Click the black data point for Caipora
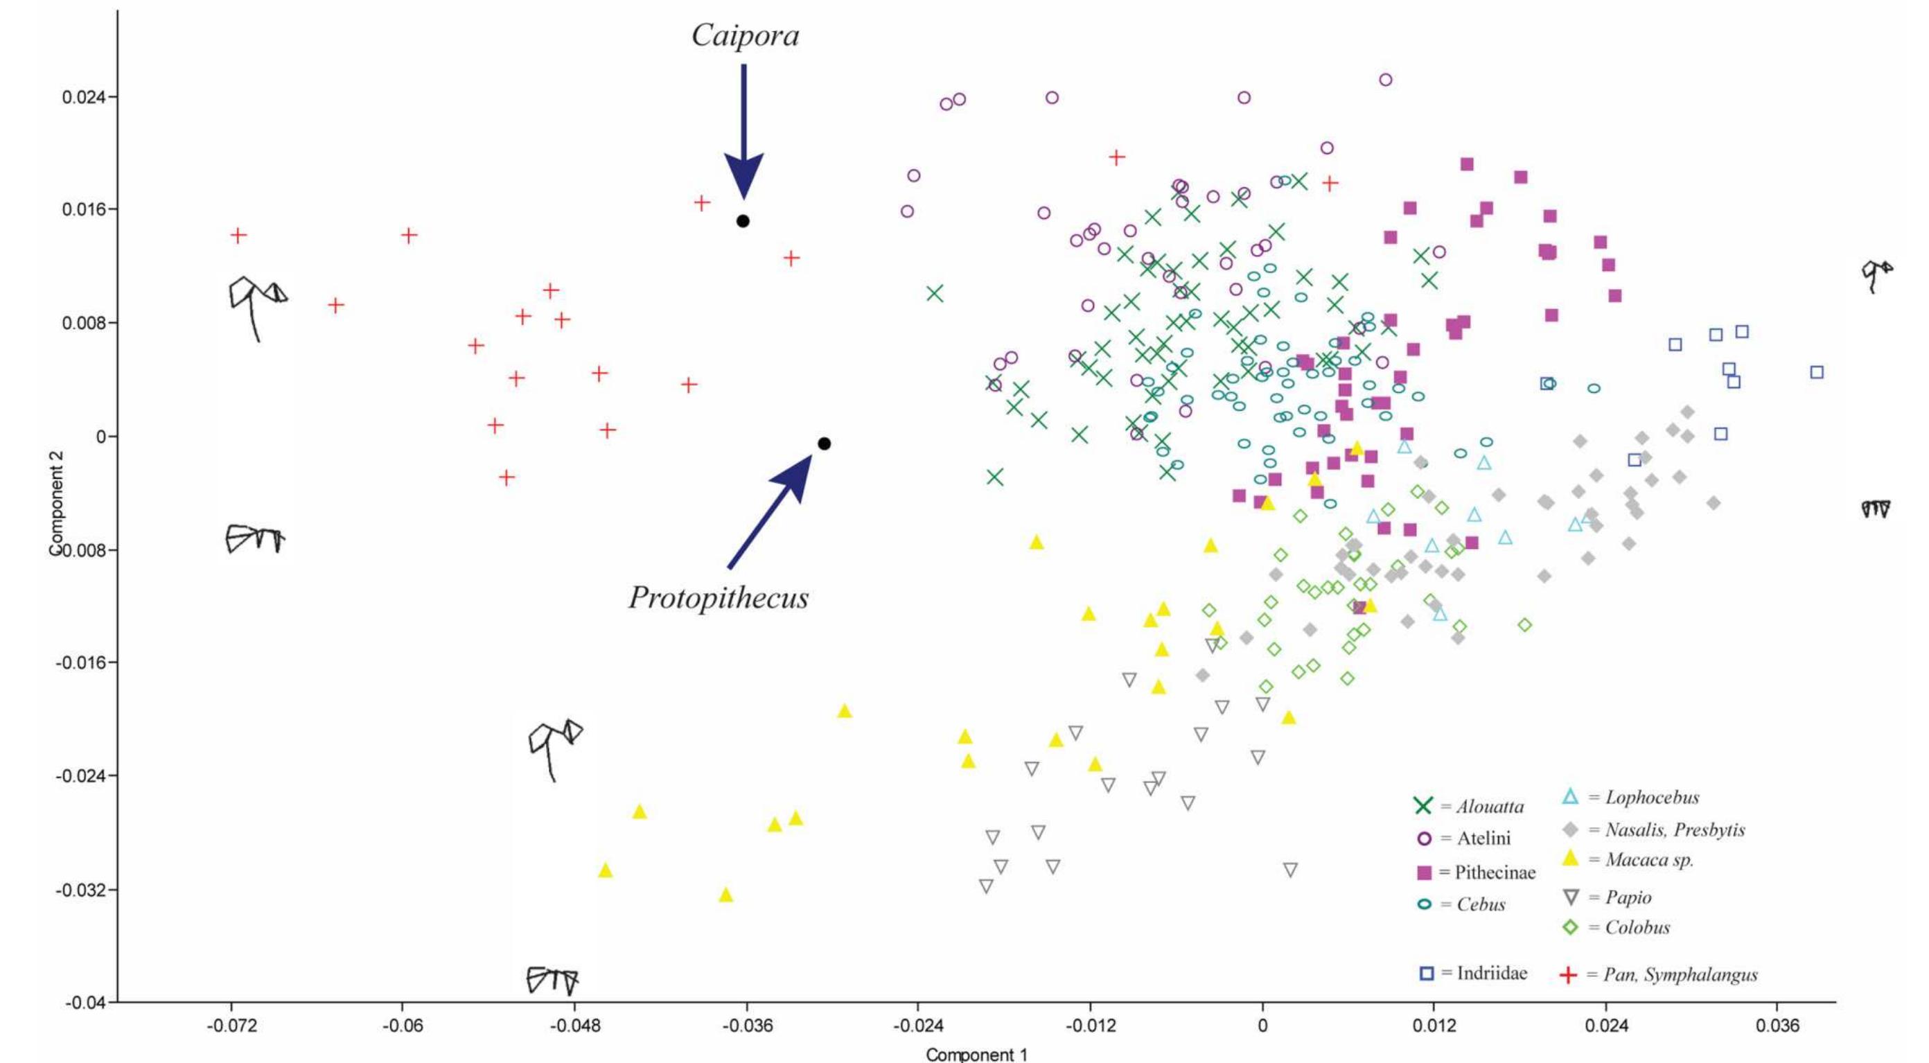[x=743, y=221]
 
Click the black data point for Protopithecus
[x=824, y=443]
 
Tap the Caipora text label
[x=745, y=35]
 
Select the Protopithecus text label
[x=719, y=598]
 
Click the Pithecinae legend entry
[x=1476, y=872]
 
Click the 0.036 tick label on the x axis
[x=1777, y=1024]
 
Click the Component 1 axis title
[x=976, y=1055]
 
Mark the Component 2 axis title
[x=56, y=502]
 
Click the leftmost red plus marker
[x=238, y=235]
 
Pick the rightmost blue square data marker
[x=1817, y=372]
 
